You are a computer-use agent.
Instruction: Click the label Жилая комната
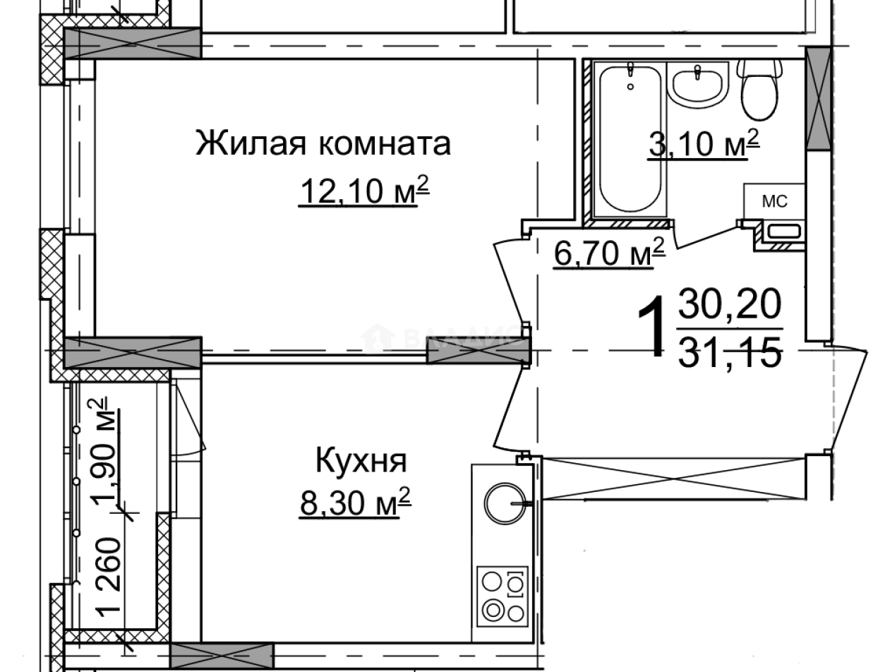point(323,144)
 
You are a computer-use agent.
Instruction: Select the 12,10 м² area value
point(364,191)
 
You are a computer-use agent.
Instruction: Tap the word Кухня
point(361,462)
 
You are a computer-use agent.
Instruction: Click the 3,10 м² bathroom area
point(703,146)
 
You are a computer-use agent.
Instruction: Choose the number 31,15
point(730,351)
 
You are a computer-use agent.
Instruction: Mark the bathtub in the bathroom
point(630,138)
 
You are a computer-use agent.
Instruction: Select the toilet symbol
point(760,89)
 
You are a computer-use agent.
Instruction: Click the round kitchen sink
point(505,502)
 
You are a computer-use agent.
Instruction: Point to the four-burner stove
point(502,594)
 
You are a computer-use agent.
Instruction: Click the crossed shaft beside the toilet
point(819,99)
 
